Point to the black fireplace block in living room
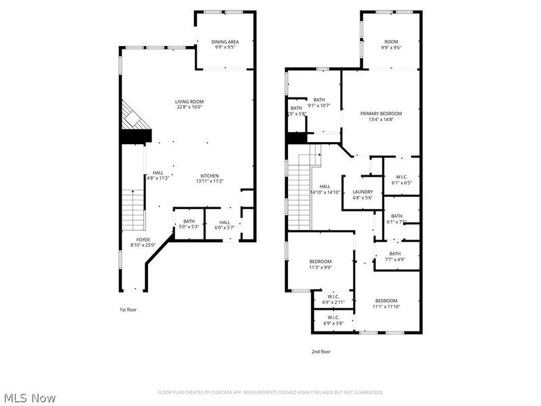[x=135, y=136]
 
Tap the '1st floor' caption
[x=128, y=309]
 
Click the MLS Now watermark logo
[x=30, y=398]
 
